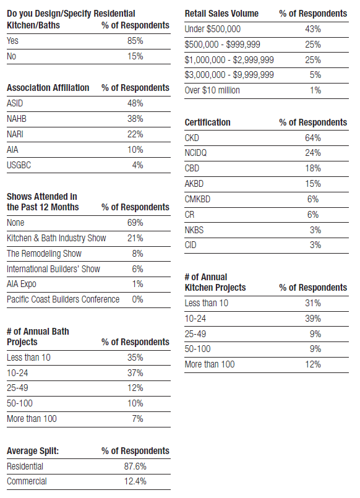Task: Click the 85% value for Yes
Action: (x=135, y=41)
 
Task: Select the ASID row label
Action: (x=15, y=103)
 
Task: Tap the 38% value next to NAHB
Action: (x=135, y=119)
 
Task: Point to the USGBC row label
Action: (x=19, y=165)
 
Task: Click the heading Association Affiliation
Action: (x=48, y=88)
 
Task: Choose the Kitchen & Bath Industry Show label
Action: (x=56, y=238)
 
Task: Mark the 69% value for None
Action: (x=135, y=223)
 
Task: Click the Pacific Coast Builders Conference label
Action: (x=63, y=299)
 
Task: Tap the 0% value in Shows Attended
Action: (x=137, y=299)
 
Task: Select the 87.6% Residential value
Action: (x=135, y=466)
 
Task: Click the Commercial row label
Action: (x=27, y=481)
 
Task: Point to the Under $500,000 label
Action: (x=213, y=29)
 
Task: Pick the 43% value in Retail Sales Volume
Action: (x=313, y=29)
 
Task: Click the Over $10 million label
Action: (x=212, y=90)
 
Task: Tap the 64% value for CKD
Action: (x=313, y=138)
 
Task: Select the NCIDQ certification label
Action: (x=195, y=153)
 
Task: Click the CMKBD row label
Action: (x=197, y=199)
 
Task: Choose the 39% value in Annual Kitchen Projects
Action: (x=313, y=319)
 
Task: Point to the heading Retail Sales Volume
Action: (x=221, y=14)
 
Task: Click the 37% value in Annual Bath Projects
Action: (x=135, y=373)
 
